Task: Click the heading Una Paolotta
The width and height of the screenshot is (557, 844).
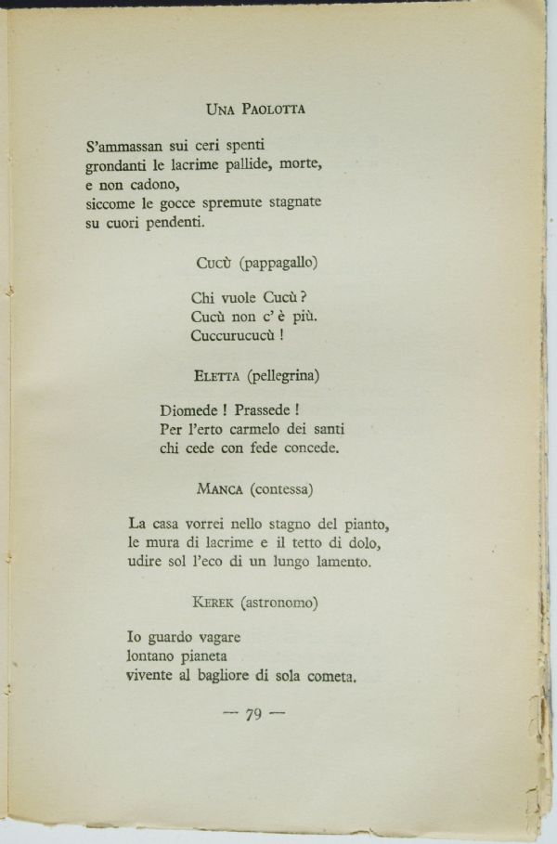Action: click(x=255, y=109)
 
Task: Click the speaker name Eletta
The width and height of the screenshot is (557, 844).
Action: click(x=218, y=376)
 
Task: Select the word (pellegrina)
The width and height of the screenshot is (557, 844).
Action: click(x=283, y=375)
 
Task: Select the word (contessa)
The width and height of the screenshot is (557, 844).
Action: click(x=279, y=488)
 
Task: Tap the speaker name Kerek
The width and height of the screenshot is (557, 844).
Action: click(x=213, y=604)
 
